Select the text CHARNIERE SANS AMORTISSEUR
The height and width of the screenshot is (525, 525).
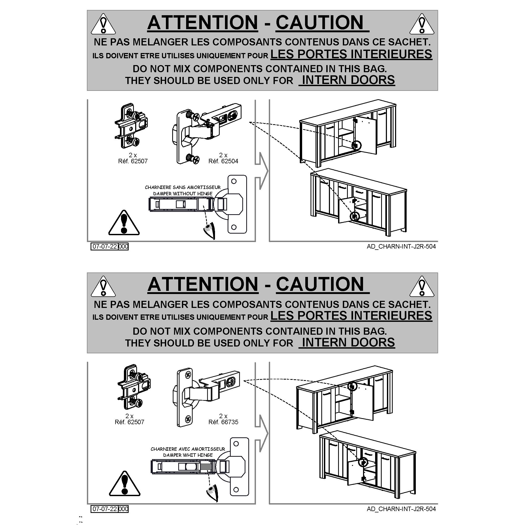(183, 187)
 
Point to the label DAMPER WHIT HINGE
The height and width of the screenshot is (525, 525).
(188, 455)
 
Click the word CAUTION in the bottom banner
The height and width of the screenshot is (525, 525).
(320, 284)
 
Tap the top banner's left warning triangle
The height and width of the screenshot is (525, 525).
(103, 24)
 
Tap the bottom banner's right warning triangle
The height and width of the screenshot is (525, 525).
(422, 286)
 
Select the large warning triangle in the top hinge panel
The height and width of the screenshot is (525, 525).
(124, 223)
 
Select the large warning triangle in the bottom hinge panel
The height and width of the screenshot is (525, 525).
(124, 484)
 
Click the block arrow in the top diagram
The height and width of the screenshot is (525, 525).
(261, 171)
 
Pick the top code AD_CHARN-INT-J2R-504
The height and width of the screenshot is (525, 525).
(401, 246)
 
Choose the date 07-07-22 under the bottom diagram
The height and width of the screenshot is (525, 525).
(105, 509)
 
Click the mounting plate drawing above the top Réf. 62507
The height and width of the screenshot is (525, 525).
(132, 126)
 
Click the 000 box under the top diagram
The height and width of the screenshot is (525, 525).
(123, 246)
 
